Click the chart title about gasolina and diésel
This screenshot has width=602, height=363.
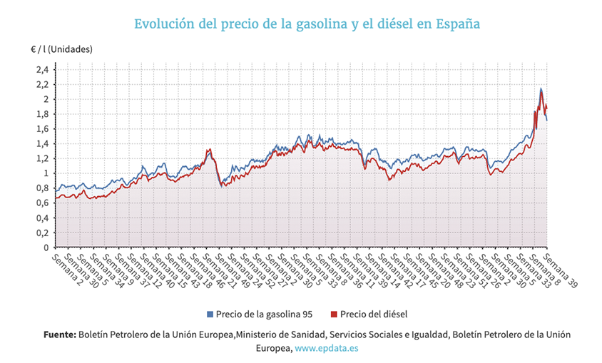coord(307,24)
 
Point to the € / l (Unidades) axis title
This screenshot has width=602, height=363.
coord(61,49)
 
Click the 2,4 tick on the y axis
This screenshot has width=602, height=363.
coord(42,70)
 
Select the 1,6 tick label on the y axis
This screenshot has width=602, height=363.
coord(42,129)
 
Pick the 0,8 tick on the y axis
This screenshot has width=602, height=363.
coord(42,188)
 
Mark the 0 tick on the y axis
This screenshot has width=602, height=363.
coord(46,247)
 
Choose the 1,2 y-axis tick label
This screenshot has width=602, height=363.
coord(42,158)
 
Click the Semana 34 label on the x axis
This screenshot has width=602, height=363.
coord(111,270)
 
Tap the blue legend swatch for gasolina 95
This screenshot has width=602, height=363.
coord(210,314)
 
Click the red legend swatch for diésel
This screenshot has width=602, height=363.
coord(333,314)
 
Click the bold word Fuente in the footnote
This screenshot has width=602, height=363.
coord(59,334)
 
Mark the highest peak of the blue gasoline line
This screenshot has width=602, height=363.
coord(541,89)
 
